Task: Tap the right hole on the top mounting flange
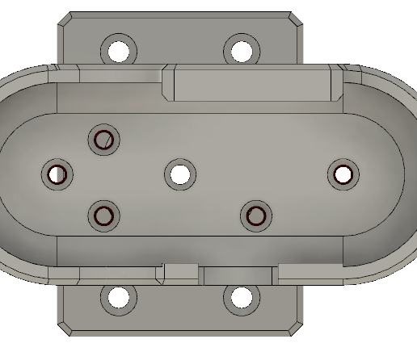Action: (x=241, y=51)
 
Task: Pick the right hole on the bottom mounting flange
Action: (x=241, y=298)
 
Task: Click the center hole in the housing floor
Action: (x=179, y=174)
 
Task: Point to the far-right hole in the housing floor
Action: (x=343, y=174)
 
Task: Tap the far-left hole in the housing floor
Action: (x=57, y=174)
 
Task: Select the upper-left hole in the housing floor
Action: (x=104, y=140)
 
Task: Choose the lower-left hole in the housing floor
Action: (x=104, y=216)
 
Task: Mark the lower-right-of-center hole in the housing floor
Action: (x=256, y=216)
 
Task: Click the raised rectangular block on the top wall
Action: (x=251, y=82)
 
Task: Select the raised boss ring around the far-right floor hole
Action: (x=343, y=161)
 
